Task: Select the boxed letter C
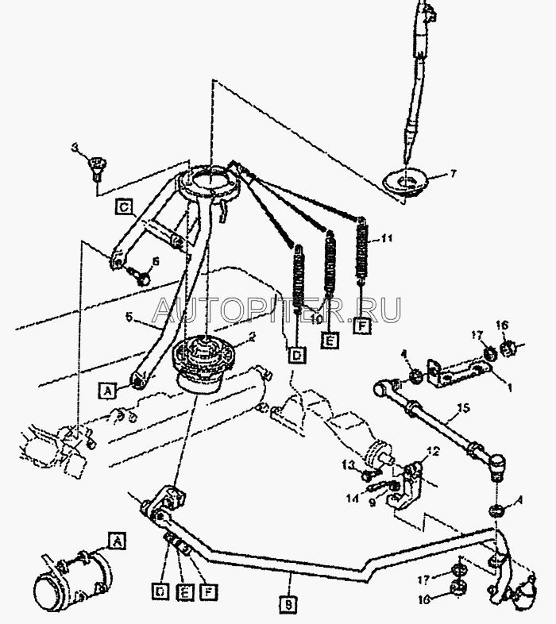coord(124,208)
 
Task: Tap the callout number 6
coord(155,261)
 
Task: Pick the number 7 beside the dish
coord(453,173)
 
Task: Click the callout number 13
coord(347,464)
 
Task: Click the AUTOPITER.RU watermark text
coord(276,307)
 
